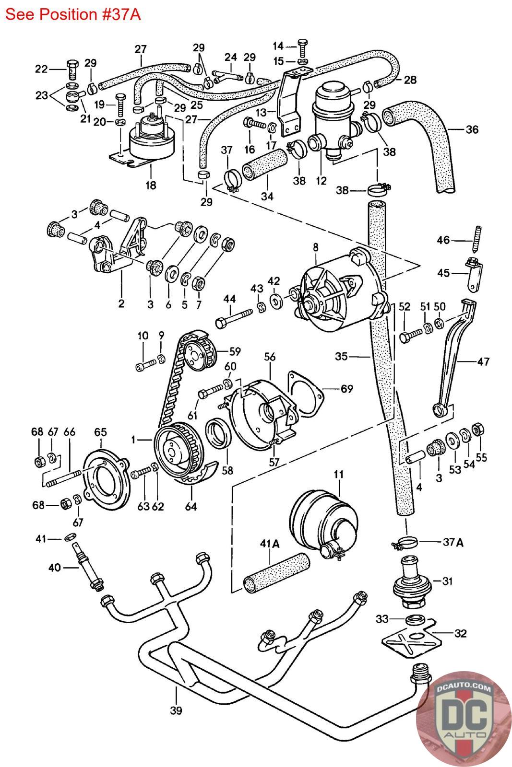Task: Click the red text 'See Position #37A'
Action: point(73,15)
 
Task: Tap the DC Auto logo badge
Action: point(464,719)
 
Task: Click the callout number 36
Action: point(472,129)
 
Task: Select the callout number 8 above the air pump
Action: point(315,247)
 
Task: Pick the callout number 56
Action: point(270,357)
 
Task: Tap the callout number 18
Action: point(151,185)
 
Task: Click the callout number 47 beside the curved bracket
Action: point(483,361)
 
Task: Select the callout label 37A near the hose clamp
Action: point(453,542)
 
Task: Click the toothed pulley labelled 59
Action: point(200,351)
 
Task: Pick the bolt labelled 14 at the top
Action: point(303,48)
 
